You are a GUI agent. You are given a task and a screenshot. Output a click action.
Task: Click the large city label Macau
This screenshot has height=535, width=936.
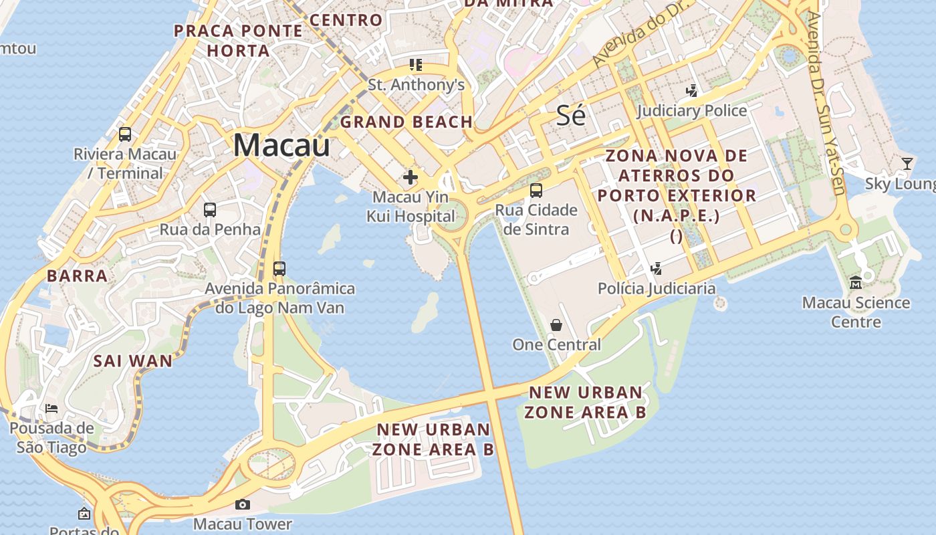(x=281, y=145)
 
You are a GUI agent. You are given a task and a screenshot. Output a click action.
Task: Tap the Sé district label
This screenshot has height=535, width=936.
(x=571, y=116)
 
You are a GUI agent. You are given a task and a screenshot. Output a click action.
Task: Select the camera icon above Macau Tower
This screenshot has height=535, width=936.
(x=243, y=504)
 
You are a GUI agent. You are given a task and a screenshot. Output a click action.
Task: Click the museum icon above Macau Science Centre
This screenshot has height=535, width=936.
(x=856, y=283)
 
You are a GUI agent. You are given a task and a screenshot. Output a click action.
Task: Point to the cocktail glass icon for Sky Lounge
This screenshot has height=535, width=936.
(x=907, y=164)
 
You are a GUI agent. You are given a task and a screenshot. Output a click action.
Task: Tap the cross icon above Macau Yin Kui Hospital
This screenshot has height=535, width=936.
(x=410, y=177)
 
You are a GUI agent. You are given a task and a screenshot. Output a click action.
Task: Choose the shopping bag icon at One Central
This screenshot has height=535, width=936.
(x=556, y=325)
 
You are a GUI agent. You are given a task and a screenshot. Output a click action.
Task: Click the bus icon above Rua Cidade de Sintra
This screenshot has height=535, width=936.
(x=536, y=190)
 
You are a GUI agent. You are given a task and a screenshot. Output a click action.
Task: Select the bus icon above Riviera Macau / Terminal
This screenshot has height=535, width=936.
(x=125, y=134)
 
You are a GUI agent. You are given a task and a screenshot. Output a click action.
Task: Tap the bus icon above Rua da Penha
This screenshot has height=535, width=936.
(x=210, y=209)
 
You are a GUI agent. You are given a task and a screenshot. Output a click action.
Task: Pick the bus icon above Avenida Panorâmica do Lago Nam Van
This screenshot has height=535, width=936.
(x=279, y=269)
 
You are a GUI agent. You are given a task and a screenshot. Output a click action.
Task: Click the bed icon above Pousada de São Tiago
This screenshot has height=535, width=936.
(x=51, y=408)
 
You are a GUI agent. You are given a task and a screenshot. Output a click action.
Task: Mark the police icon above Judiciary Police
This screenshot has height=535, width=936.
(x=692, y=90)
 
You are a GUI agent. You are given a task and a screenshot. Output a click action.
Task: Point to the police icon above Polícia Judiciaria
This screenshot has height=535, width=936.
(x=656, y=269)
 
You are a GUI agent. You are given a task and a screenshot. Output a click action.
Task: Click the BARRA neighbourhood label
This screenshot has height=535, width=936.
(x=77, y=276)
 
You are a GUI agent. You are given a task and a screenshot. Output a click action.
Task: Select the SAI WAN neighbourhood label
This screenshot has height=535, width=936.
(x=132, y=361)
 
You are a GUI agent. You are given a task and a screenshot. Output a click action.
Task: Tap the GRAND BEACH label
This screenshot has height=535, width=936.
(x=406, y=122)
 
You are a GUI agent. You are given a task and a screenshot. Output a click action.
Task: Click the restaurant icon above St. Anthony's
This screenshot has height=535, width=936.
(x=416, y=65)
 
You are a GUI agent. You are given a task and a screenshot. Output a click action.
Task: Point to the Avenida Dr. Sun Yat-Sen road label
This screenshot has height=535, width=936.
(x=826, y=100)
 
